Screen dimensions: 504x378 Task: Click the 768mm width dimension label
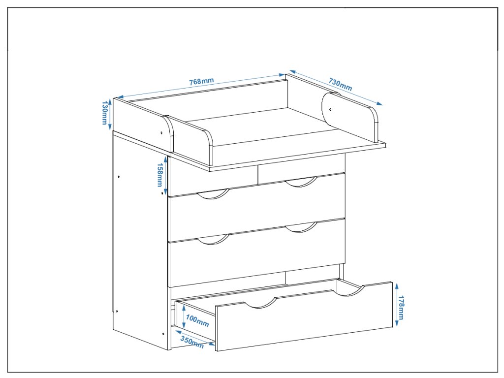point(201,81)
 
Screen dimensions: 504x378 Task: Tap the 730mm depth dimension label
point(340,85)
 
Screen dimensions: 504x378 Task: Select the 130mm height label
point(104,113)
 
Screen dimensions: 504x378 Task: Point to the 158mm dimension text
point(159,175)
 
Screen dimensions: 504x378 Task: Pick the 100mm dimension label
point(197,322)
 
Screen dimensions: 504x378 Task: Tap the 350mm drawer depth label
point(191,341)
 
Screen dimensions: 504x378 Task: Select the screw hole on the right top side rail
point(330,109)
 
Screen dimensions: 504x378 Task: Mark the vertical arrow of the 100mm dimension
point(183,316)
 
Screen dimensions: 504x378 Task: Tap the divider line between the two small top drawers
point(257,174)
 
